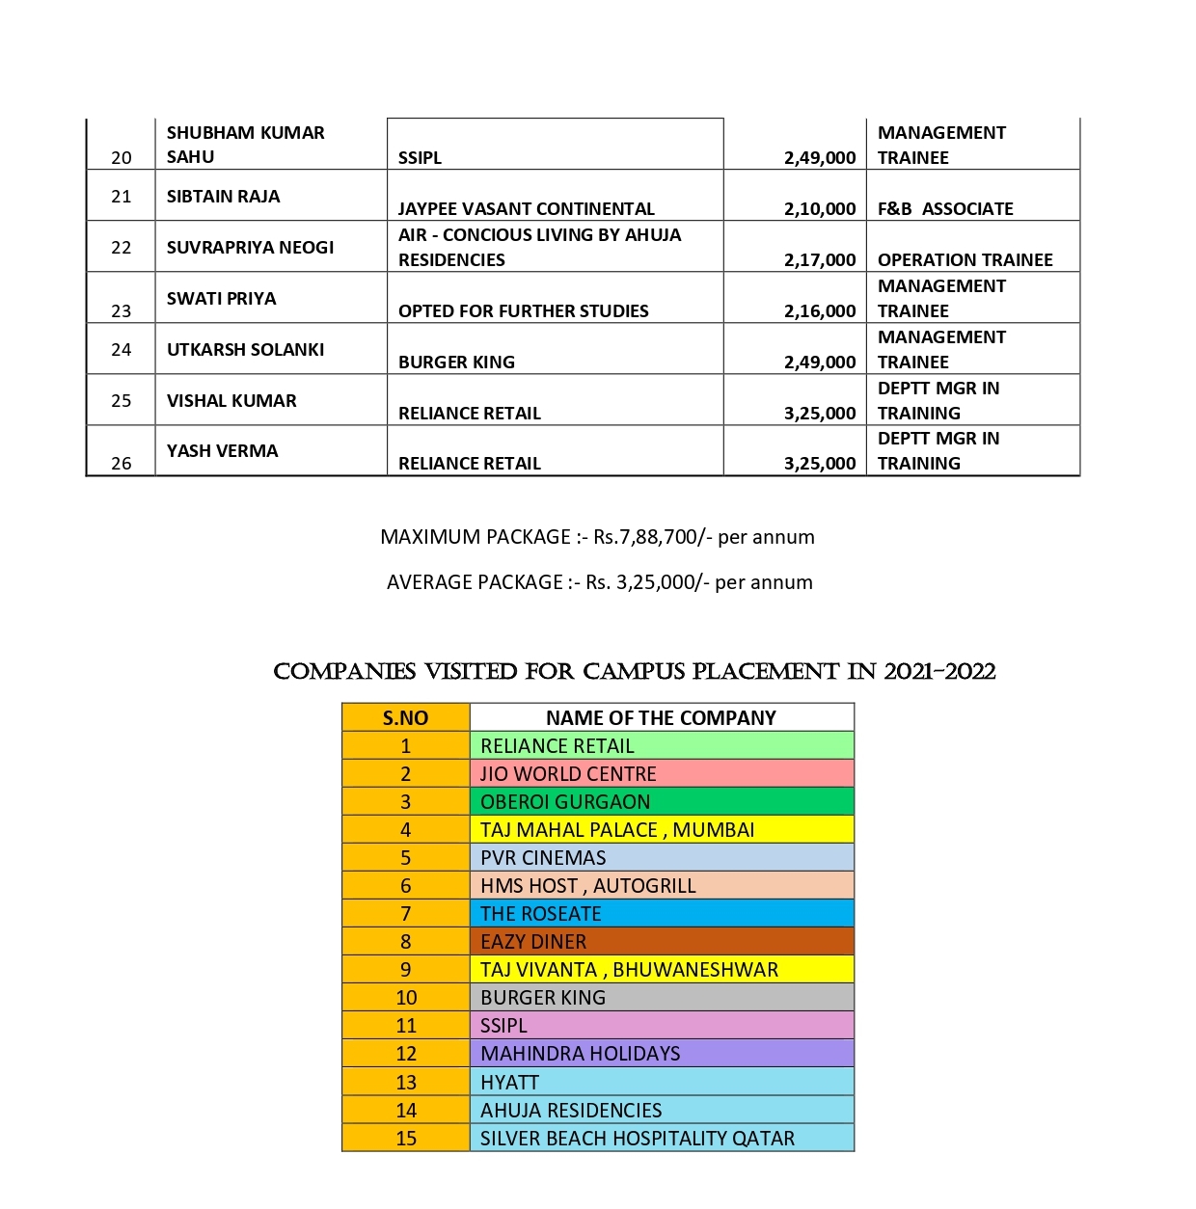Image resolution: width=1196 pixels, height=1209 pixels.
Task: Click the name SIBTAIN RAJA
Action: (x=223, y=197)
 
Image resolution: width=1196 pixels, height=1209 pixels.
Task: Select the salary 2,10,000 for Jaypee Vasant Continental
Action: (x=819, y=209)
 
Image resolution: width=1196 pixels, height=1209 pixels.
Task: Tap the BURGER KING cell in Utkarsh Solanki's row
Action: (x=456, y=363)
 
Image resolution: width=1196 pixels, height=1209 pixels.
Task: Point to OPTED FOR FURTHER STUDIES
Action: (x=523, y=311)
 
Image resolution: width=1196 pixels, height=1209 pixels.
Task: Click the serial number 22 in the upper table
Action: (x=121, y=248)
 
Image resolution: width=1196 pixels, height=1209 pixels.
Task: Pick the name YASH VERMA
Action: (x=222, y=451)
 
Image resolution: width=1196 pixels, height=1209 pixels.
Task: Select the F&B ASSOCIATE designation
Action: (x=944, y=209)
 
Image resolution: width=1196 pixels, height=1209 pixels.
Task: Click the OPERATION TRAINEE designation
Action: (x=965, y=260)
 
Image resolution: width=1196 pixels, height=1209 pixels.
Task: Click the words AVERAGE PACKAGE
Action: (x=475, y=582)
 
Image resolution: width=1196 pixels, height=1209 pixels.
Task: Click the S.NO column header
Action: (x=405, y=718)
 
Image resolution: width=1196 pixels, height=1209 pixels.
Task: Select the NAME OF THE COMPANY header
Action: (x=661, y=718)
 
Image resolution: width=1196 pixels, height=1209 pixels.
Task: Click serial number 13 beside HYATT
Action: (x=406, y=1083)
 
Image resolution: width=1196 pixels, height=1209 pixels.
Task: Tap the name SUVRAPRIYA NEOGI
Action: (x=250, y=248)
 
